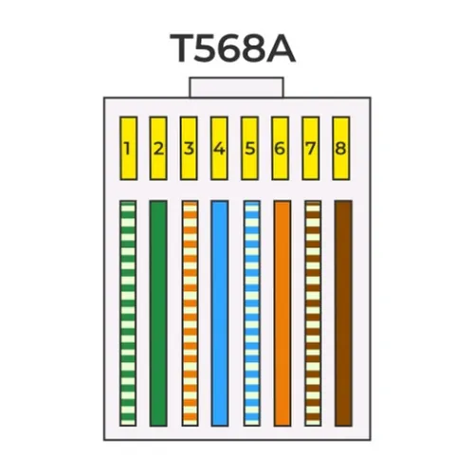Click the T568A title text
(232, 47)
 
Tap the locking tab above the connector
(237, 87)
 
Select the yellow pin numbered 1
(128, 149)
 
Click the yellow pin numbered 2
(158, 149)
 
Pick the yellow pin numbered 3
(189, 149)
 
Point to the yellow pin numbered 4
(219, 149)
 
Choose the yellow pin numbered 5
(249, 149)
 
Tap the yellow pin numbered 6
(280, 149)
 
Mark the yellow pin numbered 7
(311, 149)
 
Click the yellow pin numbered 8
(341, 149)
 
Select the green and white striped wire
(128, 313)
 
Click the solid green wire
(158, 313)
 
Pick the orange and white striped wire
(191, 313)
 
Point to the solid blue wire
(220, 313)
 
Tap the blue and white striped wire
(252, 313)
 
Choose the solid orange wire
(283, 313)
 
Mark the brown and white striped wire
(313, 313)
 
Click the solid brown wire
(343, 313)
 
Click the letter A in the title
(281, 47)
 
